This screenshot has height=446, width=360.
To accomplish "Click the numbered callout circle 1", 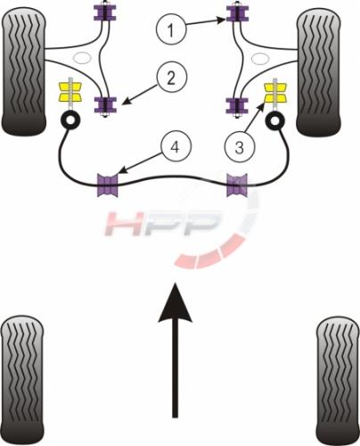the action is pos(171,29).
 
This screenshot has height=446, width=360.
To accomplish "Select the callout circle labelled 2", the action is pos(171,78).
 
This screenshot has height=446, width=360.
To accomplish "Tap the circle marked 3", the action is pos(240,147).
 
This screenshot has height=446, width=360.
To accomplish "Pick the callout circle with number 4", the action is pos(176,146).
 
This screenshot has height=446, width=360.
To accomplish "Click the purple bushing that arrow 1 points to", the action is pos(237,13).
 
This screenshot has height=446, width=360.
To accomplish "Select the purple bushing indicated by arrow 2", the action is pos(105,105).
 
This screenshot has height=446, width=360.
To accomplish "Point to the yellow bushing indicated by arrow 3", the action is pos(275,93).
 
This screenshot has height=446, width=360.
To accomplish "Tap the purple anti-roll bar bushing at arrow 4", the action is pos(108,186).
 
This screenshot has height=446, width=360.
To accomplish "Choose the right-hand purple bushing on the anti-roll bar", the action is pos(237,186).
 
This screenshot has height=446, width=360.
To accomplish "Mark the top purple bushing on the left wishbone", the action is pos(105,12).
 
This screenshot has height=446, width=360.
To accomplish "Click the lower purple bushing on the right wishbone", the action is pos(237,106).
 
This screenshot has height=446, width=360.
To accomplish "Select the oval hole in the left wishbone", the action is pos(83,58).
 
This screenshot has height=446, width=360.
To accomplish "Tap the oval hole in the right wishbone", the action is pos(260,59).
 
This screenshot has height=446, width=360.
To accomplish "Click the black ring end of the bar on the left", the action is pos(70,120).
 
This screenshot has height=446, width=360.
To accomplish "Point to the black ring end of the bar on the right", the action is pos(274,120).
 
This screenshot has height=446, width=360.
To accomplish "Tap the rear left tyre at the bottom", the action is pos(22,380).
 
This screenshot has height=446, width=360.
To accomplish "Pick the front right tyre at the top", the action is pos(319,73).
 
